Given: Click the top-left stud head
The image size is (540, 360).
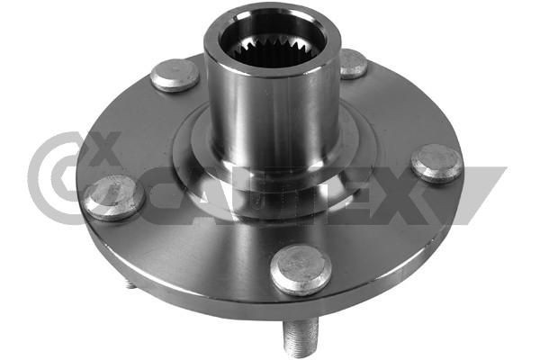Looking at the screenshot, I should coord(175,75).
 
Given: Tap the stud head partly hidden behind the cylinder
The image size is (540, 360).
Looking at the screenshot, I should coord(353,64).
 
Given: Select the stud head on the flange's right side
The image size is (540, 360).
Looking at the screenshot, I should coord(436,164).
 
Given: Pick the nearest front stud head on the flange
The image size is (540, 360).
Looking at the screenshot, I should coord(301,269).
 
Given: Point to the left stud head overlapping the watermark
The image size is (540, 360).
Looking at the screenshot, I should coord(114,197).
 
